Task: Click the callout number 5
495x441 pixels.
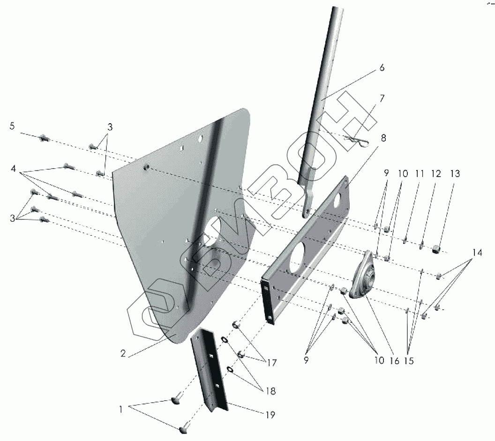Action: pyautogui.click(x=12, y=126)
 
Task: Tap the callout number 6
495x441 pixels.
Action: pyautogui.click(x=382, y=68)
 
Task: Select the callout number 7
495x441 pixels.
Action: pyautogui.click(x=382, y=98)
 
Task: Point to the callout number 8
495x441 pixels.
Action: pyautogui.click(x=383, y=138)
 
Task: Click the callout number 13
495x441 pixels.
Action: pyautogui.click(x=454, y=174)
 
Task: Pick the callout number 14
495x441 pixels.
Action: pyautogui.click(x=477, y=253)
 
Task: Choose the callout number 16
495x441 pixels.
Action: pyautogui.click(x=394, y=361)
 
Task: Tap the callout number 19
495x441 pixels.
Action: pyautogui.click(x=270, y=415)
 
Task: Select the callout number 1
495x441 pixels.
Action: pyautogui.click(x=121, y=409)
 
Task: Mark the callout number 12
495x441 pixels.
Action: pyautogui.click(x=436, y=174)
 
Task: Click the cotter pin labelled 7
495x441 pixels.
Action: pyautogui.click(x=357, y=140)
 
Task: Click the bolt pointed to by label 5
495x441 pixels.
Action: pyautogui.click(x=44, y=138)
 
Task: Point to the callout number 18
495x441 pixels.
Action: pyautogui.click(x=270, y=391)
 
